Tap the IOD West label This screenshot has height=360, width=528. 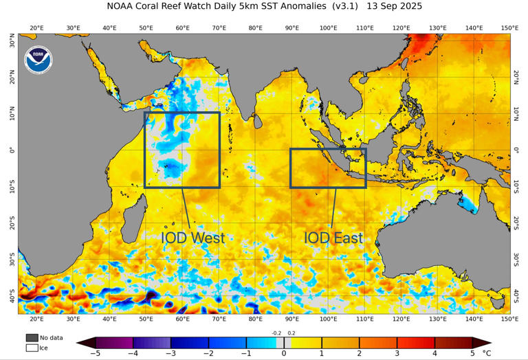click(x=192, y=238)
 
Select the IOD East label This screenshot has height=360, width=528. click(x=333, y=238)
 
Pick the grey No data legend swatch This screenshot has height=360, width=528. click(x=32, y=337)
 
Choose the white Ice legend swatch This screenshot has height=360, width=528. click(x=32, y=348)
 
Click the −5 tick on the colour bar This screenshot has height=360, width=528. click(x=95, y=353)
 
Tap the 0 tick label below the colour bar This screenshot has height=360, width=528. click(x=284, y=353)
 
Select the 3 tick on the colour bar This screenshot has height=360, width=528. click(x=397, y=353)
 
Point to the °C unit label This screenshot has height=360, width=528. click(x=487, y=353)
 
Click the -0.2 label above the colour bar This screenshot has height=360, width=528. click(x=276, y=333)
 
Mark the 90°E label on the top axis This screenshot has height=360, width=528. click(x=291, y=28)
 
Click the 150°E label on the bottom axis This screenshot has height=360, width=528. click(x=509, y=319)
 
